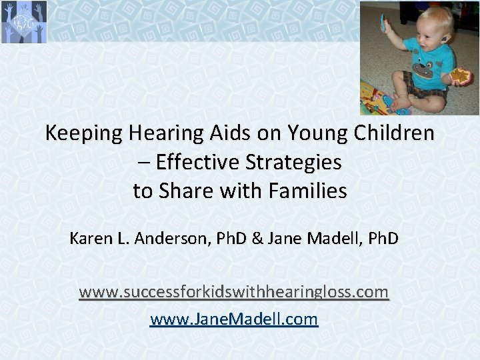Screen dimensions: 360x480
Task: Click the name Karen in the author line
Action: [x=89, y=238]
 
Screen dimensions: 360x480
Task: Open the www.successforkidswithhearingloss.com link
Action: [x=233, y=292]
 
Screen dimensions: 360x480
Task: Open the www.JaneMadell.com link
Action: [x=234, y=319]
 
